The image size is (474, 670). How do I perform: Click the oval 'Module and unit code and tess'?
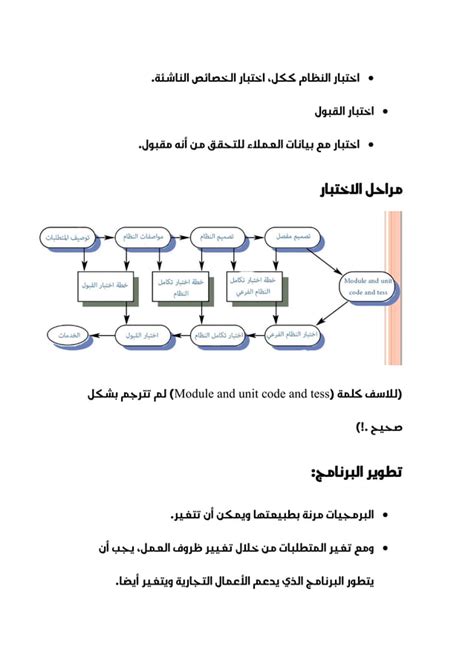click(x=367, y=287)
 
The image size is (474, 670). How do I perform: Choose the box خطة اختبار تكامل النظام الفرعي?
click(x=255, y=287)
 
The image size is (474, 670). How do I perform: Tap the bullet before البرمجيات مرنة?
click(x=387, y=515)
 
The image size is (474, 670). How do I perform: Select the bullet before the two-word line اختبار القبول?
click(x=387, y=110)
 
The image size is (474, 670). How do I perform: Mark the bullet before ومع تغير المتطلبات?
click(x=387, y=549)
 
